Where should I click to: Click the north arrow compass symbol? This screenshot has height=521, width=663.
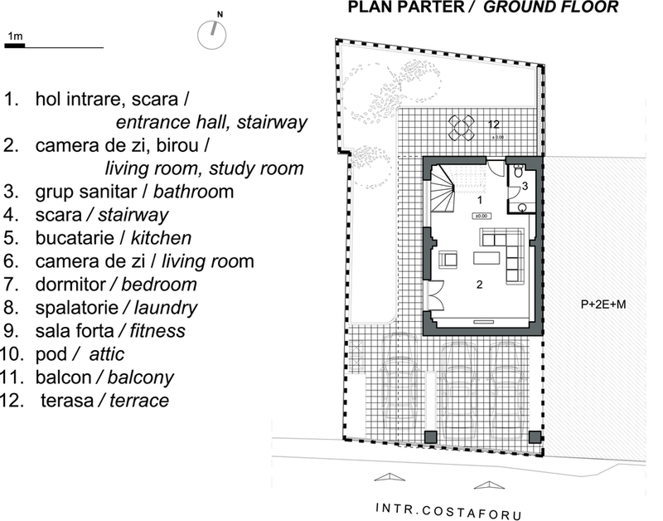click(212, 34)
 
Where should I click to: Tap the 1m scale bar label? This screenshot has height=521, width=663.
click(15, 36)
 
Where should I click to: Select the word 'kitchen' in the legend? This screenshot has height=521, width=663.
click(161, 238)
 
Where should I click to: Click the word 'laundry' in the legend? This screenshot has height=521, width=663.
click(165, 308)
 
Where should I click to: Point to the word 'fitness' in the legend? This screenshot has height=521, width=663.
click(157, 330)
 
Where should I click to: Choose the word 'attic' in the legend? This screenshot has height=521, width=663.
click(107, 354)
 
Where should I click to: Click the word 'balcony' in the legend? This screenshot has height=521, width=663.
click(141, 377)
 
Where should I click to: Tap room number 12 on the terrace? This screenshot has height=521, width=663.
click(493, 124)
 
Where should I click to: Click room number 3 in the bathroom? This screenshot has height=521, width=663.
click(525, 186)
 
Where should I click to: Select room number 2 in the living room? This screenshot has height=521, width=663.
click(480, 285)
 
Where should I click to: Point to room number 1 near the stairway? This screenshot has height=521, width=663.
click(480, 199)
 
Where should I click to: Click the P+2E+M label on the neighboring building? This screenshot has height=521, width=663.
click(603, 304)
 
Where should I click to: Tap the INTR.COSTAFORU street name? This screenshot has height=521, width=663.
click(448, 511)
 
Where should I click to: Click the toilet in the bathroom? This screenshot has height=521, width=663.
click(518, 172)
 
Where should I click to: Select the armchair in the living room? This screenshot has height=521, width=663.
click(448, 260)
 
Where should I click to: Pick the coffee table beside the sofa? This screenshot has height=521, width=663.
click(486, 258)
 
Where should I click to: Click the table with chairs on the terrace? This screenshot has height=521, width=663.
click(462, 128)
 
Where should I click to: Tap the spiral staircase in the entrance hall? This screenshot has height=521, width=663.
click(443, 189)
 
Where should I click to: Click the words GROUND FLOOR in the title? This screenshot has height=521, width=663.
click(550, 7)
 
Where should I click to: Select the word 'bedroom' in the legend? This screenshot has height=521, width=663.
click(159, 285)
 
